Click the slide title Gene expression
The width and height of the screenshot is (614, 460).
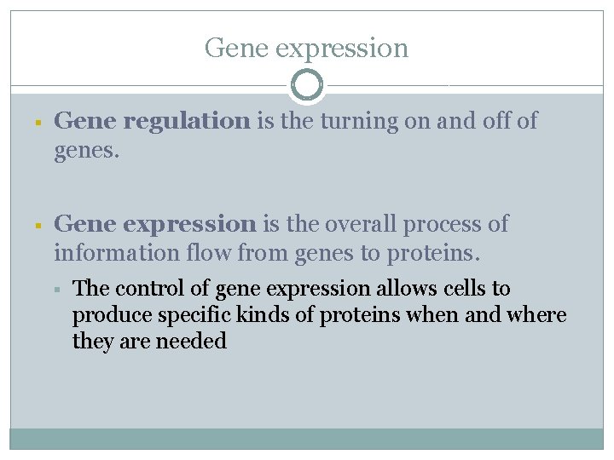click(306, 48)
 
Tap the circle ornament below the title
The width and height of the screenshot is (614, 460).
click(307, 85)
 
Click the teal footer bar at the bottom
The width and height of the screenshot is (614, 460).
click(306, 438)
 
